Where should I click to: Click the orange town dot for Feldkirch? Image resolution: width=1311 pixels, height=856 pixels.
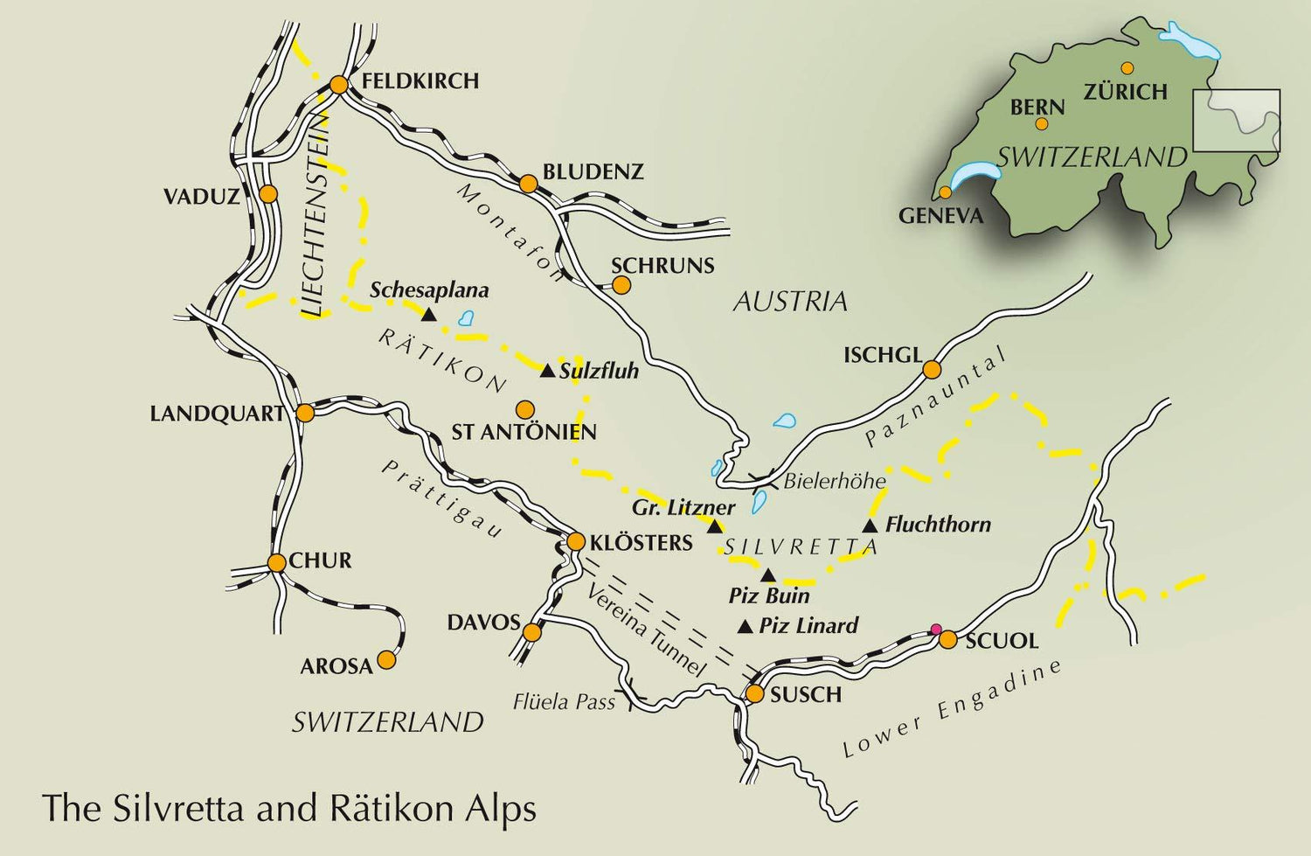tap(339, 85)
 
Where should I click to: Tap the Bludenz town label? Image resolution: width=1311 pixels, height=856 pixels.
tap(593, 172)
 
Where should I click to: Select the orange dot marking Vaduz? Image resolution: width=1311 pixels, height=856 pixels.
tap(268, 193)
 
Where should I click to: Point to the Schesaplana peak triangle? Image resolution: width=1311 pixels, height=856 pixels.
tap(428, 313)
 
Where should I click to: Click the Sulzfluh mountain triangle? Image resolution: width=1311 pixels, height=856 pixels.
tap(547, 372)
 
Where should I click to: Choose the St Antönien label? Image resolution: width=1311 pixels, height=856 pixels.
tap(524, 432)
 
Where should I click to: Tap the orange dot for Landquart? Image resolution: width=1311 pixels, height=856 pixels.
tap(305, 413)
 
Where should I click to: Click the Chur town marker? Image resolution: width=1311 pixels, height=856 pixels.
tap(276, 563)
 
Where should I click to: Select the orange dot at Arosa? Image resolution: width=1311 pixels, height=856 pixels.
tap(385, 660)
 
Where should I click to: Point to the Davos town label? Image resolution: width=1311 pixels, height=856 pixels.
tap(483, 623)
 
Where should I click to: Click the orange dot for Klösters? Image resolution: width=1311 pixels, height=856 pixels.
tap(575, 542)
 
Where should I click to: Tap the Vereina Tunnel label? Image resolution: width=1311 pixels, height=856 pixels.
tap(645, 630)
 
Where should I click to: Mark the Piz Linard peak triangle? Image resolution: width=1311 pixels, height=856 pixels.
tap(746, 627)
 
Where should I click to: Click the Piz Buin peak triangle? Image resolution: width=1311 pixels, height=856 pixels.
tap(767, 575)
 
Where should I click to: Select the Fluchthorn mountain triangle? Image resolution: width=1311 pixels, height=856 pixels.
tap(870, 525)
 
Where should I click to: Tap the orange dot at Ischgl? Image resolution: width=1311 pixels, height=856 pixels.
tap(932, 370)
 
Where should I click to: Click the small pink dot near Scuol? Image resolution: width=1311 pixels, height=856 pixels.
tap(936, 629)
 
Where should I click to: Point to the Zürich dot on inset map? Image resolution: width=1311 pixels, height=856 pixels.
tap(1127, 68)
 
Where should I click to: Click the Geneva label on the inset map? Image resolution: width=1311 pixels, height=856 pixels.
tap(940, 216)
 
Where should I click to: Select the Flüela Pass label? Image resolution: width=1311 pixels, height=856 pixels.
tap(564, 701)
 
